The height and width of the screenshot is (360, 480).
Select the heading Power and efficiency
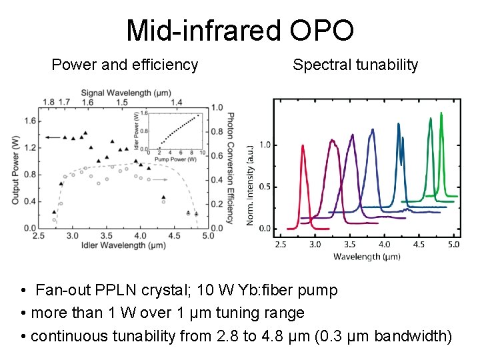[x=125, y=65]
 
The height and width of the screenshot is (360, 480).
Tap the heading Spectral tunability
[x=355, y=65]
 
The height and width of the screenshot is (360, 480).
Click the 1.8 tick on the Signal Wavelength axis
[x=48, y=102]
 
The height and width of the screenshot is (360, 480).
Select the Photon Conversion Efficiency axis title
[x=230, y=167]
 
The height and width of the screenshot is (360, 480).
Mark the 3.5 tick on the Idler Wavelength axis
[x=106, y=236]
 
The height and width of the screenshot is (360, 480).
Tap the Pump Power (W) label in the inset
[x=177, y=159]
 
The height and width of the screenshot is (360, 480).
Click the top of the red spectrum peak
[x=303, y=146]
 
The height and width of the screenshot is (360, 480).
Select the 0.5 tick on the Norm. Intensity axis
[x=265, y=187]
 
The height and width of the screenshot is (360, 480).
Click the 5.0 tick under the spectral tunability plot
[x=453, y=244]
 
